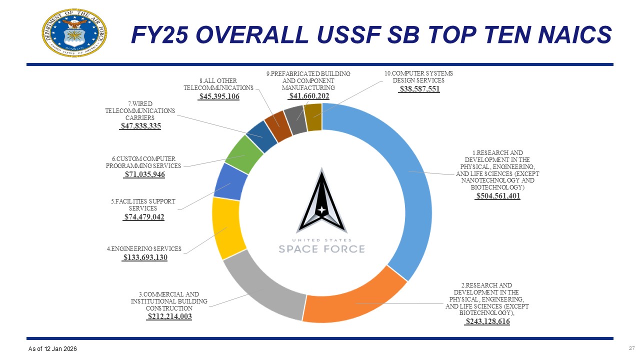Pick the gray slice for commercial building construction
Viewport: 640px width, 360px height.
[262, 287]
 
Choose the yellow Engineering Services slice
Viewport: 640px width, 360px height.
[228, 227]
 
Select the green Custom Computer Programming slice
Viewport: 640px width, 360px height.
[244, 154]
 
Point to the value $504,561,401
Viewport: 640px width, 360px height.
[497, 196]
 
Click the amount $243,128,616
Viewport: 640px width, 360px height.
[487, 321]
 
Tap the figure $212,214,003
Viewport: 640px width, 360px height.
[169, 316]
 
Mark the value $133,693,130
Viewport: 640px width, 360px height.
[145, 257]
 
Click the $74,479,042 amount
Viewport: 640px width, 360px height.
[144, 217]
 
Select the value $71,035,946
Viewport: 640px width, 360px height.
[144, 174]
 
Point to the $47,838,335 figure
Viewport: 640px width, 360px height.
[140, 126]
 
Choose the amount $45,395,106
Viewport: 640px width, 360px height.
[219, 96]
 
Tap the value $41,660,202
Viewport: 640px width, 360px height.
[309, 96]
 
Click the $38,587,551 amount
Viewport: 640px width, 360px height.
[419, 89]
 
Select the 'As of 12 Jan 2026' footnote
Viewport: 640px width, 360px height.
[52, 348]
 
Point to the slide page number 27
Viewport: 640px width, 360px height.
[631, 348]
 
